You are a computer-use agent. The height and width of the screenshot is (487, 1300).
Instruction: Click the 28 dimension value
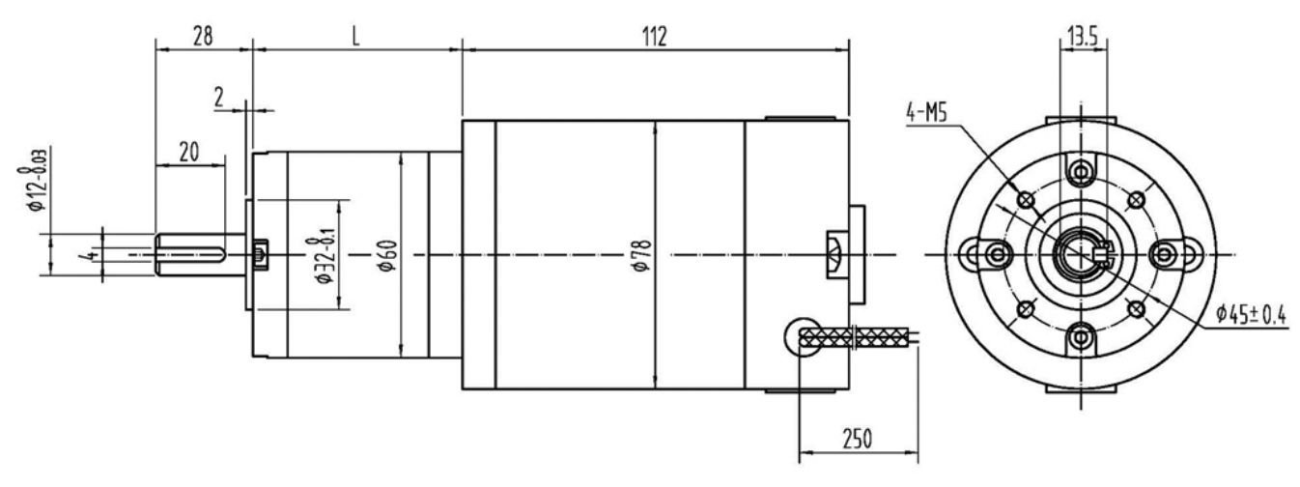203,37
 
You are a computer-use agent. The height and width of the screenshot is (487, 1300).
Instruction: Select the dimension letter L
356,37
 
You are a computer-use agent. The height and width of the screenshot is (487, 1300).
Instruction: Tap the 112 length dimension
655,37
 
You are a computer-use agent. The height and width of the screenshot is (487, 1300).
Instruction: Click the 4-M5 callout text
927,113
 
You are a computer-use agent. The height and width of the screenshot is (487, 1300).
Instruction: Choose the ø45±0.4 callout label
1252,314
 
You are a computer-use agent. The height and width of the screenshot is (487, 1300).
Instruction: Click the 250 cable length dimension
858,439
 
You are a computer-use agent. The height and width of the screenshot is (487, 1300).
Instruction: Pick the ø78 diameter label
643,255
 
